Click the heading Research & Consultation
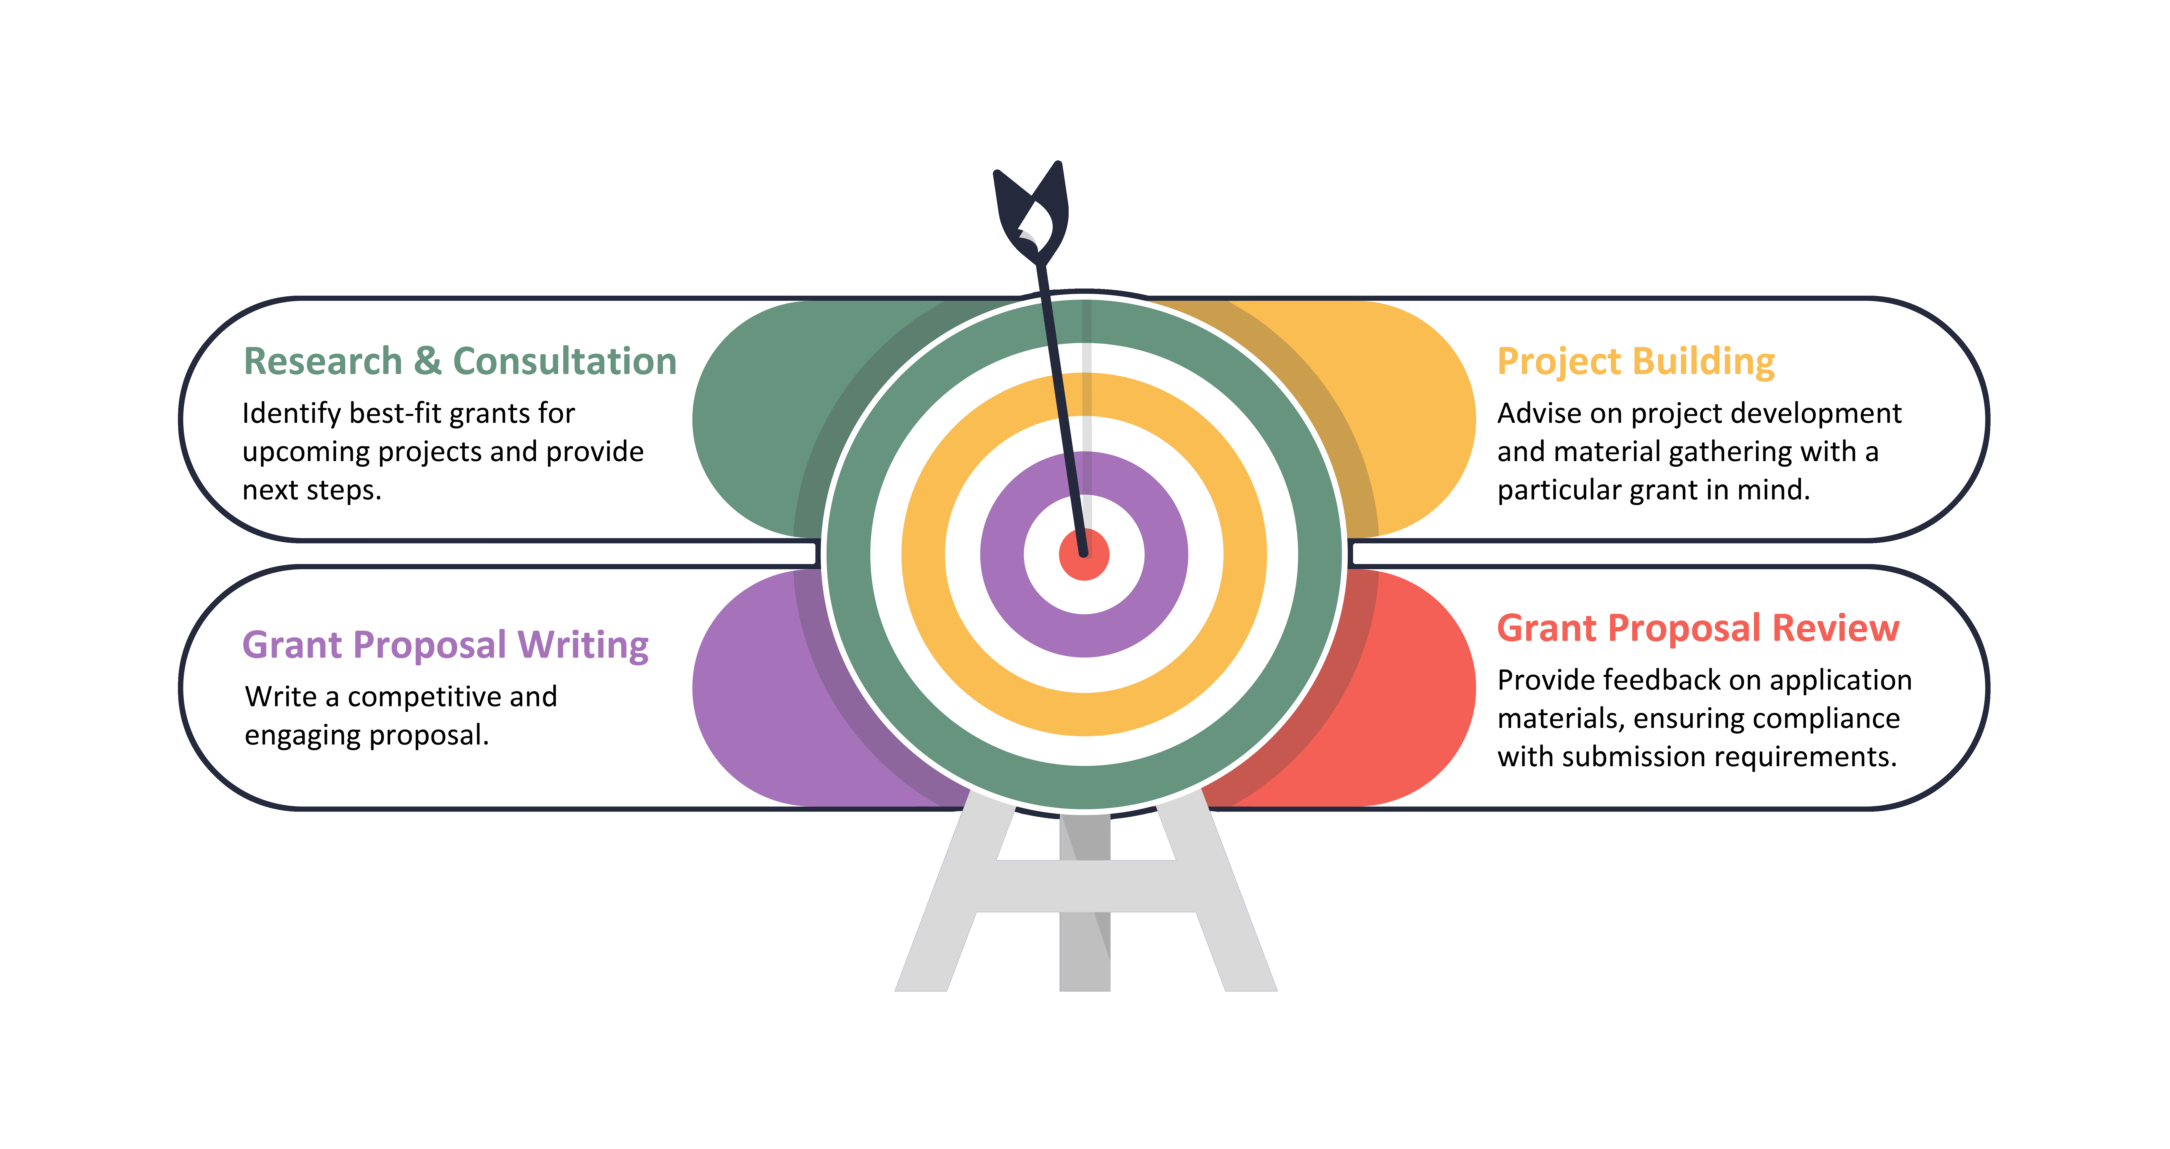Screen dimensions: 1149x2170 [460, 361]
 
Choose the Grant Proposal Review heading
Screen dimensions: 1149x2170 [1697, 628]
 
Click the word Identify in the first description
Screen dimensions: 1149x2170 [292, 414]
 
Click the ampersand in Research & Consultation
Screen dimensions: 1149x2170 [427, 361]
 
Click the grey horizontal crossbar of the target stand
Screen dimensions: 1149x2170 [1085, 886]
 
